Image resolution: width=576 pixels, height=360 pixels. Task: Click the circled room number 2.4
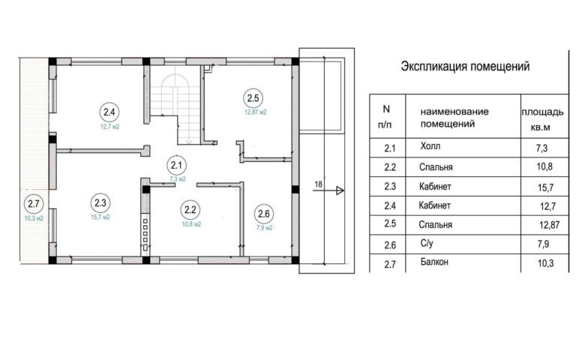click(109, 112)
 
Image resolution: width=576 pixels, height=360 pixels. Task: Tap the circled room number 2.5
click(253, 98)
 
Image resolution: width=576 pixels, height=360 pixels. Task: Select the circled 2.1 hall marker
click(176, 165)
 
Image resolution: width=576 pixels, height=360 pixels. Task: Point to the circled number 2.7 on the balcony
click(34, 203)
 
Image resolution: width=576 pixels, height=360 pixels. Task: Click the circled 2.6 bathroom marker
click(264, 214)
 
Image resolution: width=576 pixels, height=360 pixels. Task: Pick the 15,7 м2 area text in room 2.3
click(100, 217)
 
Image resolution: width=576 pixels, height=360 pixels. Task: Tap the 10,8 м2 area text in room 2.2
click(191, 224)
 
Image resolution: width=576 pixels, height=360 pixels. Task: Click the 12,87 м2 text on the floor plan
click(256, 112)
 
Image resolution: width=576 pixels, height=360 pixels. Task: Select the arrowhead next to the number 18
click(340, 190)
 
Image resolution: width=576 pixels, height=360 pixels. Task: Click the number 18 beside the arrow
click(318, 184)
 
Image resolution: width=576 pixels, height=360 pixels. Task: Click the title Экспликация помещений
click(465, 67)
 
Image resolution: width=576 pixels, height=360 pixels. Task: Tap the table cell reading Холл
click(430, 146)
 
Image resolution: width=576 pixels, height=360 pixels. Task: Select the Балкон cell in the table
click(434, 262)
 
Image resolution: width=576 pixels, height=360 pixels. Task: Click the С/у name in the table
click(427, 243)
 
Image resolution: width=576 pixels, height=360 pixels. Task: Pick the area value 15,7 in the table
click(545, 187)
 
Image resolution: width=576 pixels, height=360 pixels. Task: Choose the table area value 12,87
click(549, 224)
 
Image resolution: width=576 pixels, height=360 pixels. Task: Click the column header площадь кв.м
click(542, 119)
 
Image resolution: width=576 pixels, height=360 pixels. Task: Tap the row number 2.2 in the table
click(390, 167)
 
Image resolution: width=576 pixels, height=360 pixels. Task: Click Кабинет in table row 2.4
click(434, 205)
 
